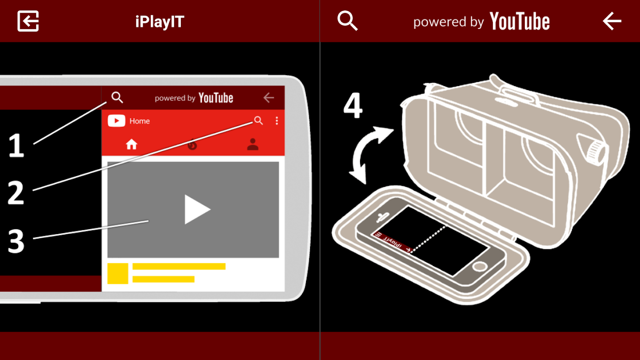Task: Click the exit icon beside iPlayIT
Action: pyautogui.click(x=28, y=21)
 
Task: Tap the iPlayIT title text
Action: pyautogui.click(x=160, y=22)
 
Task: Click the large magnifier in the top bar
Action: pyautogui.click(x=347, y=21)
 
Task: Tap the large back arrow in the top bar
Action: pyautogui.click(x=612, y=21)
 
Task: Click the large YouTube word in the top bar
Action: pyautogui.click(x=520, y=21)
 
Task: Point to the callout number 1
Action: pyautogui.click(x=16, y=145)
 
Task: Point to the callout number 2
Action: pyautogui.click(x=16, y=193)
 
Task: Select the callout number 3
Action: pyautogui.click(x=16, y=242)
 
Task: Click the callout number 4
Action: pyautogui.click(x=353, y=105)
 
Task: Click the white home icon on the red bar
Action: pyautogui.click(x=131, y=144)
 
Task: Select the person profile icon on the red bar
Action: pyautogui.click(x=252, y=144)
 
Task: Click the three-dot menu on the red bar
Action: pyautogui.click(x=277, y=121)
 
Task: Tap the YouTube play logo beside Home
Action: pyautogui.click(x=116, y=121)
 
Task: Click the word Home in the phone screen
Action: pyautogui.click(x=140, y=121)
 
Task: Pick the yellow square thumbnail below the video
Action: pyautogui.click(x=118, y=274)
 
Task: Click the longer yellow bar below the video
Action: pyautogui.click(x=179, y=266)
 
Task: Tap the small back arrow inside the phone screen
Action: pyautogui.click(x=269, y=98)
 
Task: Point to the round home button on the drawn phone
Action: pyautogui.click(x=479, y=267)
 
